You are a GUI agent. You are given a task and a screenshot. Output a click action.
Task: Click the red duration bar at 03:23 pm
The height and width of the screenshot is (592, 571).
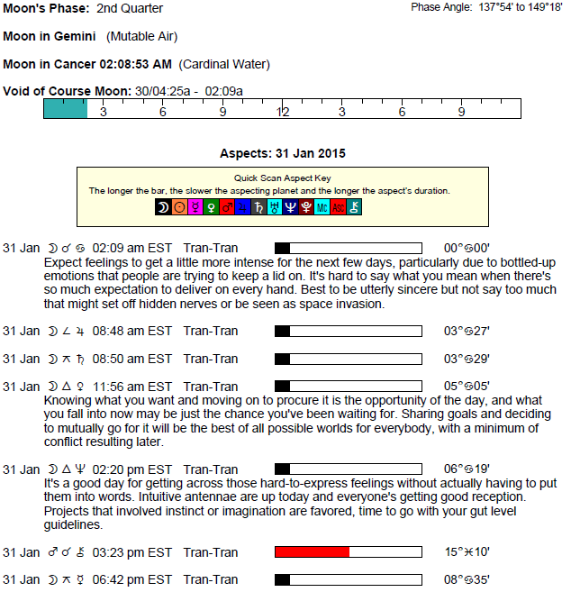coord(312,552)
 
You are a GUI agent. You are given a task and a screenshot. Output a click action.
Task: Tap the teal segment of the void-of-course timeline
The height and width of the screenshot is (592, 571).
coord(66,109)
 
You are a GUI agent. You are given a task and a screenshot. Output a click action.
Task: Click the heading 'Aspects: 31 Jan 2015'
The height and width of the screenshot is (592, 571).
coord(283,153)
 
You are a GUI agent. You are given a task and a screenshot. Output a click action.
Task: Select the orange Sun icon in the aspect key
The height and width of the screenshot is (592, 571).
coord(178,207)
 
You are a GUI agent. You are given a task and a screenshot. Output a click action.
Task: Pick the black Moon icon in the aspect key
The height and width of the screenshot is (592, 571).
coord(162,207)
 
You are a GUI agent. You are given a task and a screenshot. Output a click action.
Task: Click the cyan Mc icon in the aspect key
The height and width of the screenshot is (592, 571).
coord(322,207)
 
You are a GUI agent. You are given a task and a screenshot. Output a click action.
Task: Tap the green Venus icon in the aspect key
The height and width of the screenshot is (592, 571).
coord(211,207)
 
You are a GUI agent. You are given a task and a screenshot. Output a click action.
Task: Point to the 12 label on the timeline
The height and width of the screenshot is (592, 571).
coord(283,112)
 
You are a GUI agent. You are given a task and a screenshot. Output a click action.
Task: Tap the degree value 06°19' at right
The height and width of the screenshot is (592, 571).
coord(467,469)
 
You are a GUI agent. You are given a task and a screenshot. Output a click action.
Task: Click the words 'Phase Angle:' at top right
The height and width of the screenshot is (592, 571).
coord(441,7)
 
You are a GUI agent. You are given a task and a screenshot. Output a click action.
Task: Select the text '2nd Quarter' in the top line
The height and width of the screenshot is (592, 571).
coord(131,8)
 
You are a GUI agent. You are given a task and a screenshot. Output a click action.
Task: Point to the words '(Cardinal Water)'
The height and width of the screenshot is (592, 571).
coord(224,65)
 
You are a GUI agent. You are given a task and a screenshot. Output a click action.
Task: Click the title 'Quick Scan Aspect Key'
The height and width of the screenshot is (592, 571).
coord(282,178)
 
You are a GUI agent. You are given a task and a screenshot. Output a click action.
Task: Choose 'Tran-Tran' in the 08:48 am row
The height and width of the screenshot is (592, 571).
coord(211,331)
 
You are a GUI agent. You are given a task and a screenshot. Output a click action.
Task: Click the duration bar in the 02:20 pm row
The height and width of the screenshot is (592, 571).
coord(348,469)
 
